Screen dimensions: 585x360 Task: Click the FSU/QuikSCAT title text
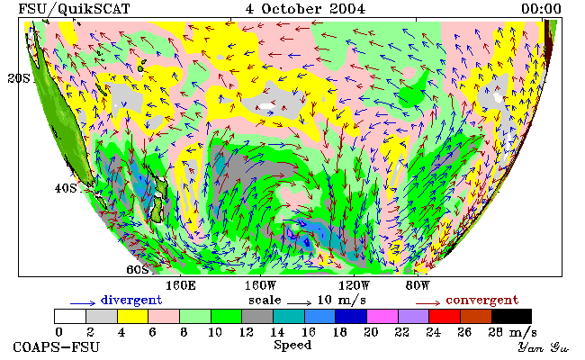point(74,9)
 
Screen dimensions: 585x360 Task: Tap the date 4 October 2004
point(306,9)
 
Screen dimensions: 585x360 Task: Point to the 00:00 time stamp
point(541,9)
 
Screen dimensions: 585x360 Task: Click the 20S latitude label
point(19,78)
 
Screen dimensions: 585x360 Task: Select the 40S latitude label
point(66,188)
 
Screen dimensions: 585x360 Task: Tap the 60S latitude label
point(138,269)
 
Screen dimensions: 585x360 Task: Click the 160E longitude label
point(181,286)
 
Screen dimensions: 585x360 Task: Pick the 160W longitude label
point(260,286)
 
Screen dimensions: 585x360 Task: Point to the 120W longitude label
point(354,286)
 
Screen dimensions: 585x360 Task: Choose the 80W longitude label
point(418,286)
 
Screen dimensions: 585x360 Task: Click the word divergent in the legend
point(131,300)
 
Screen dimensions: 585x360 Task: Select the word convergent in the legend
point(482,300)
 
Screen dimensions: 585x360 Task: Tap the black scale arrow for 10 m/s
point(299,303)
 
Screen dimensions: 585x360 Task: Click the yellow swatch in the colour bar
point(133,317)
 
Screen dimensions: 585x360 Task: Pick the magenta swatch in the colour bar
point(382,317)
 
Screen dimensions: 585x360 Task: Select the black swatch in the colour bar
point(511,317)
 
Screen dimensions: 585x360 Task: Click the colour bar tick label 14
point(277,332)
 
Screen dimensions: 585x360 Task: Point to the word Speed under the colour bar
point(292,345)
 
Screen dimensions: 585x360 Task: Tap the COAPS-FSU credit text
point(57,347)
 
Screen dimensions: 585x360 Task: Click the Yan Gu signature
point(544,347)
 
